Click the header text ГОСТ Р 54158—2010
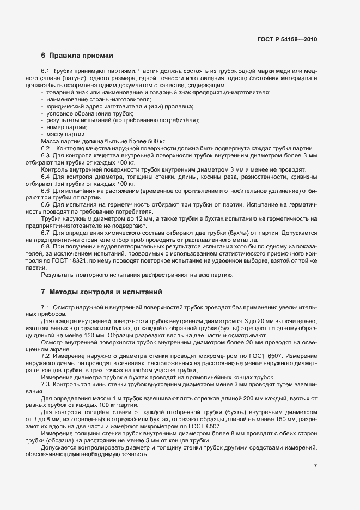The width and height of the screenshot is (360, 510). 286,39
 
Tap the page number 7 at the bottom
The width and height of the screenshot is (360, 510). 315,466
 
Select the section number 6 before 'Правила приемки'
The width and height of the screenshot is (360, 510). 43,55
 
